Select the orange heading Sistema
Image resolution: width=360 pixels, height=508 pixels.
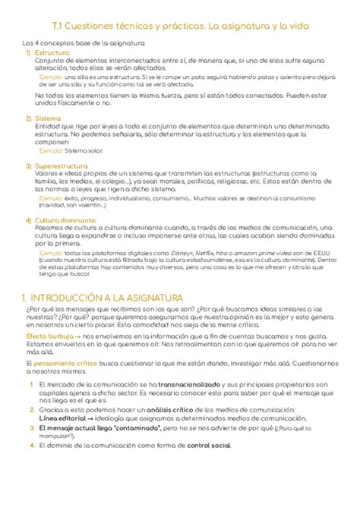pyautogui.click(x=48, y=118)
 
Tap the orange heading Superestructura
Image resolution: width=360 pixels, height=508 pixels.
pyautogui.click(x=62, y=163)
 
